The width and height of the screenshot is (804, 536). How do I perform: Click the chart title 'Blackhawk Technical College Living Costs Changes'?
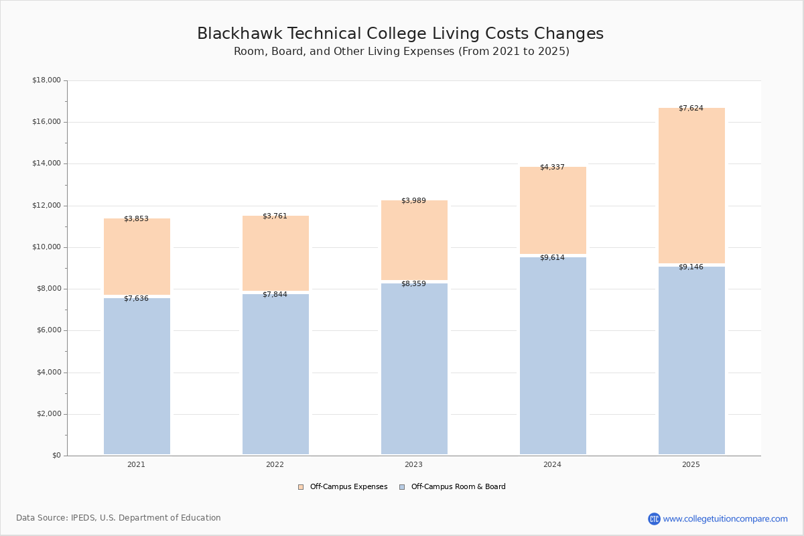400,33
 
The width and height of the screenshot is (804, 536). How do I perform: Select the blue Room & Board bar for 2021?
137,377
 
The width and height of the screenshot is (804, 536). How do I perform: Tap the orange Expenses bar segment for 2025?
691,185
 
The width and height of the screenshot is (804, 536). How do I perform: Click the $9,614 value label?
552,257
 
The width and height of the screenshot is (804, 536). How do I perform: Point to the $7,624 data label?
691,108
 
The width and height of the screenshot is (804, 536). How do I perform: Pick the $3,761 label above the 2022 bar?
275,216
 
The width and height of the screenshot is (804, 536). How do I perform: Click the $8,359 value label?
413,283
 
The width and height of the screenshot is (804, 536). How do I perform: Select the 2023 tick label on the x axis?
413,464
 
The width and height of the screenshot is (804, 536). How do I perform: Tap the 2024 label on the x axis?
552,464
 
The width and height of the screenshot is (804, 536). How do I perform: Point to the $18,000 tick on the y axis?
47,80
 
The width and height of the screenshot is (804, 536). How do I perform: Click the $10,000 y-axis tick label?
47,247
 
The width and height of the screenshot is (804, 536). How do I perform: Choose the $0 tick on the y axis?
57,456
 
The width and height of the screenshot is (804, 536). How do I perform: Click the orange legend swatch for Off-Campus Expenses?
301,487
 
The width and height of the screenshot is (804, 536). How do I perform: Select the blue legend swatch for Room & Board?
402,487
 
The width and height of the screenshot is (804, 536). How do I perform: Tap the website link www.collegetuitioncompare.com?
725,519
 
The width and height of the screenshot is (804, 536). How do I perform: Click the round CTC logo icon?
654,519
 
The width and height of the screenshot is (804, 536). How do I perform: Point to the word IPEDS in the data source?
83,518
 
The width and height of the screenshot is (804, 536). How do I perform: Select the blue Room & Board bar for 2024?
553,356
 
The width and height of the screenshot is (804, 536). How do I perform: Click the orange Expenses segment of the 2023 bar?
414,240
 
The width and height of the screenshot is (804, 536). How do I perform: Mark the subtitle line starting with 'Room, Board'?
401,52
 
